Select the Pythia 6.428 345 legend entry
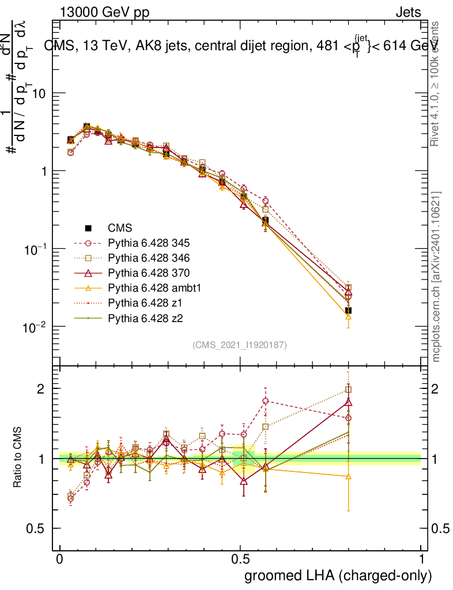[x=141, y=243]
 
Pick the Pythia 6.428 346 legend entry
[x=141, y=258]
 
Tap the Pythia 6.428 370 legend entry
[x=141, y=273]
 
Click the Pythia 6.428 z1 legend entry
[x=137, y=302]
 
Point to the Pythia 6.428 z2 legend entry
[x=137, y=317]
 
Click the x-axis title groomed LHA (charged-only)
[x=339, y=576]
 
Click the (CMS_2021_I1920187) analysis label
[x=240, y=345]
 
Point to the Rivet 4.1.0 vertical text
[x=436, y=84]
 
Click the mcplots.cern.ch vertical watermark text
[x=436, y=277]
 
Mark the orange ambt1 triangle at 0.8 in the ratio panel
[x=348, y=476]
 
